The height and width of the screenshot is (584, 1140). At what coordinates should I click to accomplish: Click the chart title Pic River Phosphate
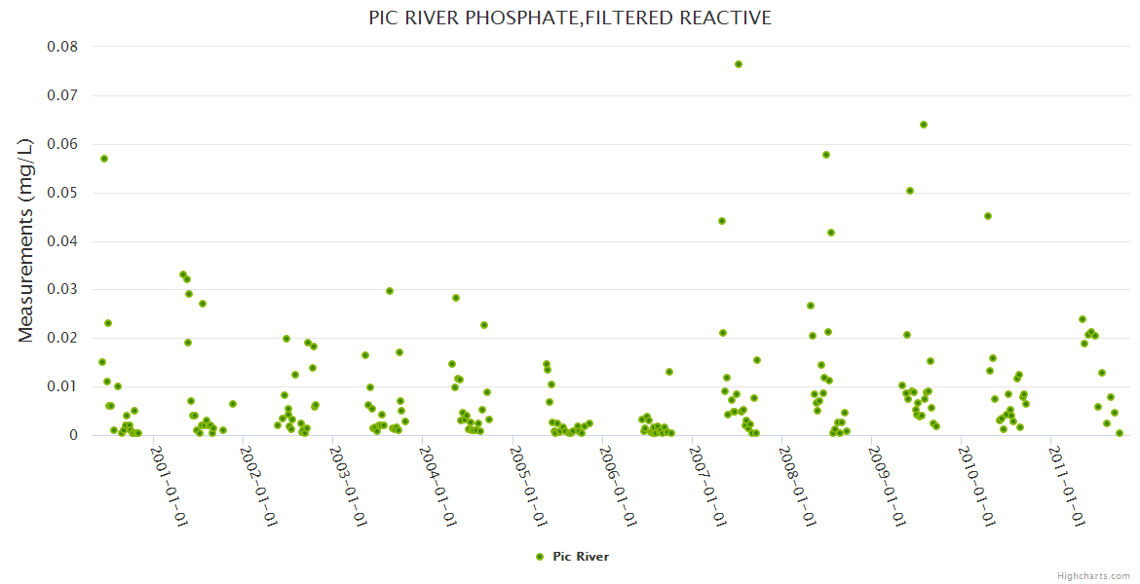click(x=570, y=18)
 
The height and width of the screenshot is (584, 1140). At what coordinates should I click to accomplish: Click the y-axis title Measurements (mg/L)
click(x=26, y=239)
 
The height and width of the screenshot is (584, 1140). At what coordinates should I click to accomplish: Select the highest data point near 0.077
click(x=739, y=64)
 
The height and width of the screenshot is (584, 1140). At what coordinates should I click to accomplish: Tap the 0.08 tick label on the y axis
click(x=62, y=47)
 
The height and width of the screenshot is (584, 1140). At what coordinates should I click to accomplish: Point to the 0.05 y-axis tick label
click(x=62, y=193)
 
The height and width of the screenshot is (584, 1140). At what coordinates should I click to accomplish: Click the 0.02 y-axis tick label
click(x=62, y=338)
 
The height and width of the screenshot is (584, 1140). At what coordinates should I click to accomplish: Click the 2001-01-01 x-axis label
click(x=169, y=487)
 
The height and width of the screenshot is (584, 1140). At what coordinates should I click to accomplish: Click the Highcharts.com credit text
click(x=1093, y=575)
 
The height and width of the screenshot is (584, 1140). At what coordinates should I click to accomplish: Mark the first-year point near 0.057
click(x=104, y=159)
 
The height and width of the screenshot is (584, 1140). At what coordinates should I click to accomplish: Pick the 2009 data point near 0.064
click(x=924, y=125)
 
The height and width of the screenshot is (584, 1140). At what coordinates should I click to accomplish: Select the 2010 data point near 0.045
click(x=988, y=216)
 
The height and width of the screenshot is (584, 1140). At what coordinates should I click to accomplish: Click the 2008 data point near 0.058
click(x=826, y=155)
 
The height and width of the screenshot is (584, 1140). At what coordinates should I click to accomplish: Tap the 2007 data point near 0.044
click(x=722, y=221)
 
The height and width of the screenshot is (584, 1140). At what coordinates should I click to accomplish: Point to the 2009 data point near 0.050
click(x=910, y=191)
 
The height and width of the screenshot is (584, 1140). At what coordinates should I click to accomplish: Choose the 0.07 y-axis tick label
click(x=62, y=95)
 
